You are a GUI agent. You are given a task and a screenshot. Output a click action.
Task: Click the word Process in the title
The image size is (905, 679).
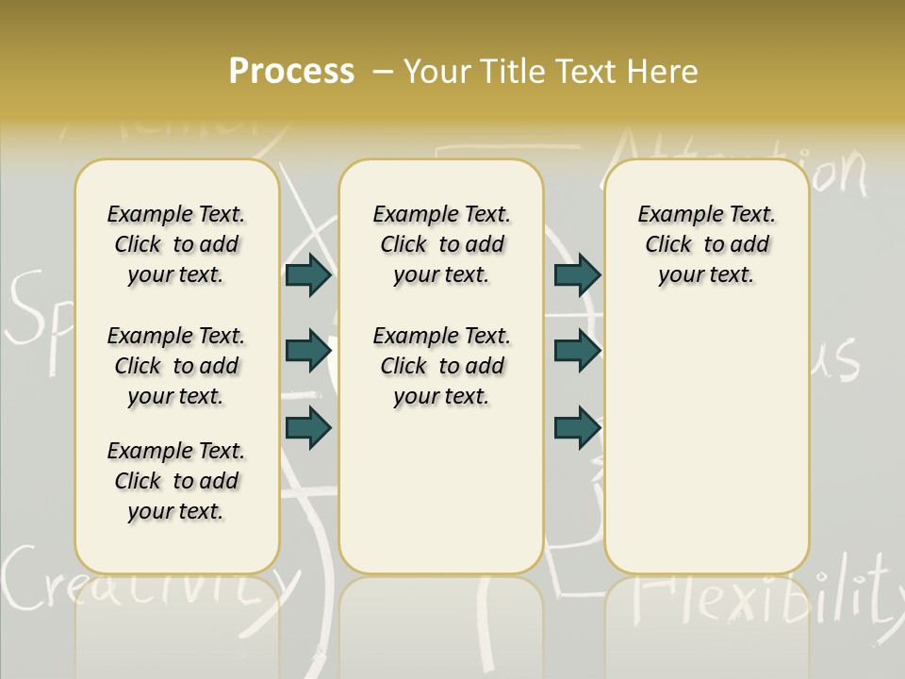[291, 72]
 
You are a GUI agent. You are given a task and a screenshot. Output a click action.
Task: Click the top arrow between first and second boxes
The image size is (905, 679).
[308, 274]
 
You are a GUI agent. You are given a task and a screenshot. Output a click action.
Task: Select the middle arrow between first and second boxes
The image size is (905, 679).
[308, 351]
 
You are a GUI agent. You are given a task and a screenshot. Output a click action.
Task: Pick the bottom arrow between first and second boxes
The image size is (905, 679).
[308, 427]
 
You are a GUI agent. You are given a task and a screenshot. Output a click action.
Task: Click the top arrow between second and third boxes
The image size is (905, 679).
[577, 274]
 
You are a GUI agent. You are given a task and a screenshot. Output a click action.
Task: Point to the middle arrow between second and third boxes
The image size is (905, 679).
[577, 351]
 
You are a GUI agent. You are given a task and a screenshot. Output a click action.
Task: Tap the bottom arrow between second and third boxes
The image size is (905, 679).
[577, 427]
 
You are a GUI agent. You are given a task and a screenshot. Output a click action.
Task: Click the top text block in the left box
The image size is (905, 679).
[176, 244]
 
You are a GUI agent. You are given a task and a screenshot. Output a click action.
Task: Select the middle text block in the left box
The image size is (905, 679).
[176, 366]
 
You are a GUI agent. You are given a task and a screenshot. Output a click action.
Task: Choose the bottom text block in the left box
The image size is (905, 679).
[176, 481]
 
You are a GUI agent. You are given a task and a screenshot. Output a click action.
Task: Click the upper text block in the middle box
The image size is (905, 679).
[441, 244]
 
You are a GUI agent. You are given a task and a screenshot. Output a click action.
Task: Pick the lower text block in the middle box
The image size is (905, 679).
[441, 366]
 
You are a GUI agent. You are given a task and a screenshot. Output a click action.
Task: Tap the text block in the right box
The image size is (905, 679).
[706, 244]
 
